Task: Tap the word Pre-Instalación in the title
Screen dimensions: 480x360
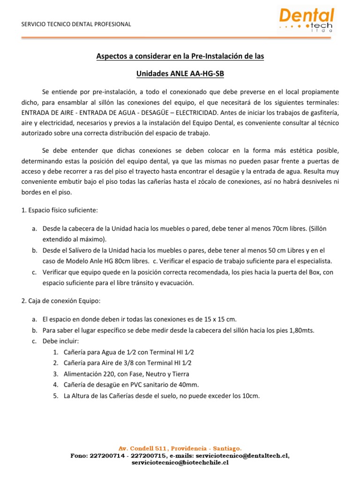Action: click(x=208, y=56)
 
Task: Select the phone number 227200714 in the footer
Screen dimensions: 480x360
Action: click(x=104, y=455)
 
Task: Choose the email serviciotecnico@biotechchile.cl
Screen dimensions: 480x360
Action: click(x=180, y=463)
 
